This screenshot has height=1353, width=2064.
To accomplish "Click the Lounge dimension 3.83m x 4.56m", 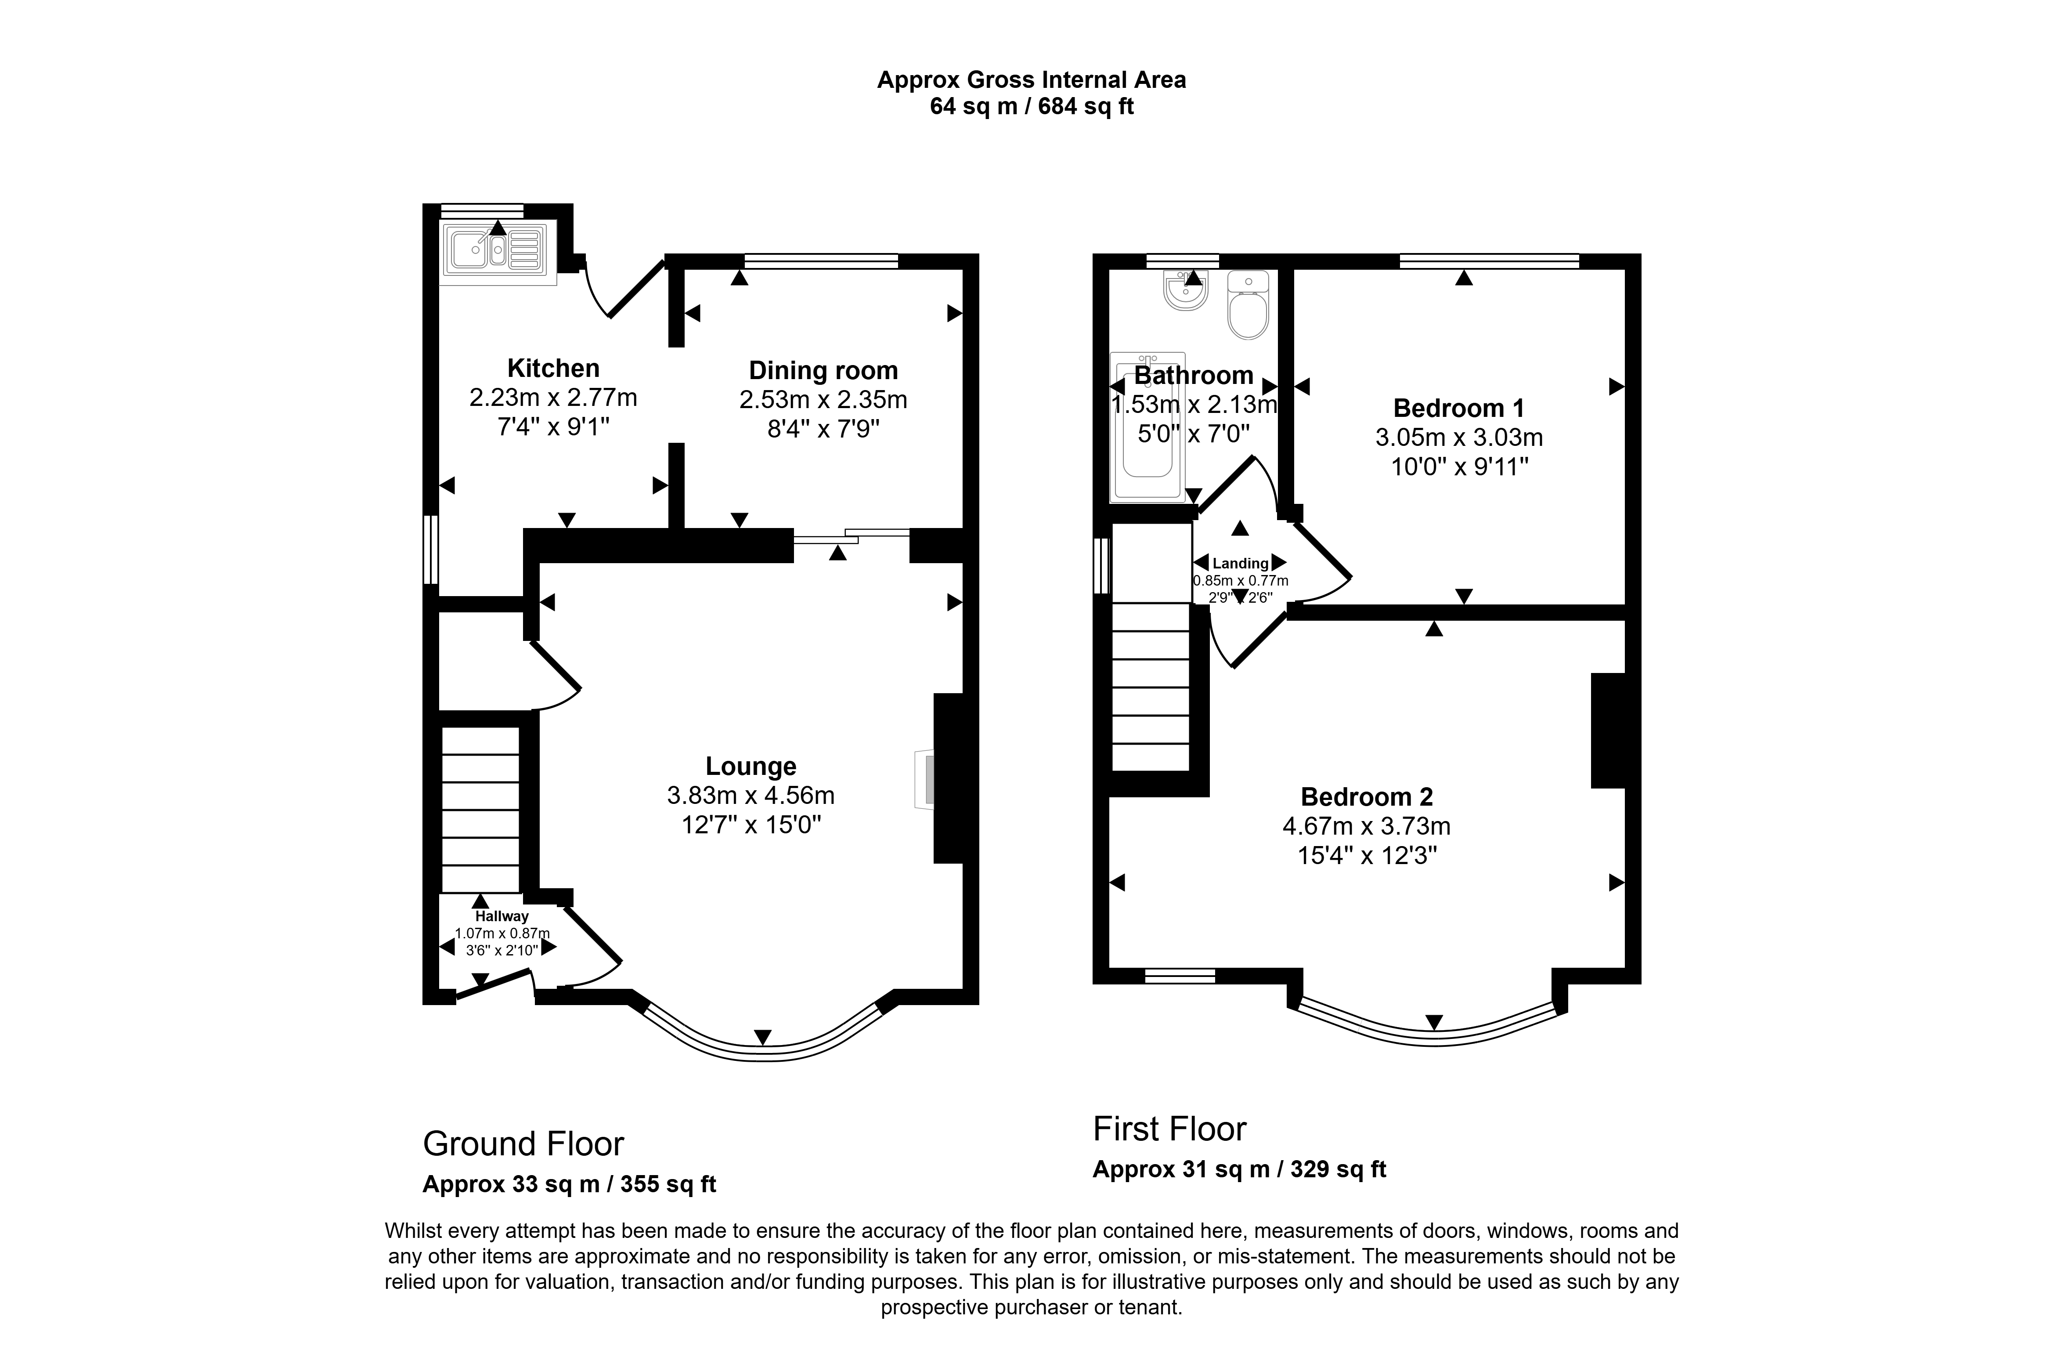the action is pyautogui.click(x=751, y=795).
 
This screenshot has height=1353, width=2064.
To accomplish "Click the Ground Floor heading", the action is pyautogui.click(x=523, y=1144).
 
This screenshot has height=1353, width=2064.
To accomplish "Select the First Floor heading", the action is pyautogui.click(x=1169, y=1129).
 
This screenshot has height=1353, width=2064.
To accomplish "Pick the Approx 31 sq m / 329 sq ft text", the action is pyautogui.click(x=1239, y=1169).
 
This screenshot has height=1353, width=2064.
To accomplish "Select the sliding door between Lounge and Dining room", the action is pyautogui.click(x=852, y=536).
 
